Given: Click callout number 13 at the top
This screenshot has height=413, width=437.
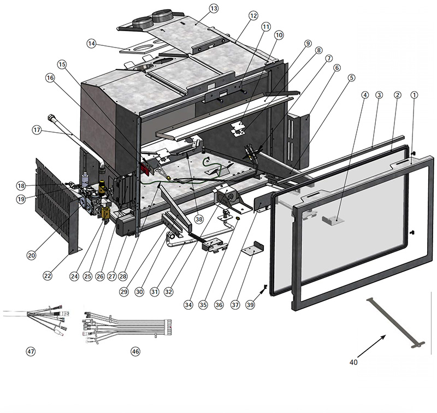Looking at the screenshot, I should [213, 9].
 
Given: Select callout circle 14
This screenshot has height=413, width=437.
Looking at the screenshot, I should [92, 44].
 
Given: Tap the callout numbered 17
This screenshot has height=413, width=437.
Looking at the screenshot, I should [37, 130].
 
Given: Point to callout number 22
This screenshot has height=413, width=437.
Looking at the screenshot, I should [48, 276].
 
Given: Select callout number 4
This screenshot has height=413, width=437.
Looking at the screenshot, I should [364, 95].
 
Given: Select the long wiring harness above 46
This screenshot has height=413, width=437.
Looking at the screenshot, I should [128, 327].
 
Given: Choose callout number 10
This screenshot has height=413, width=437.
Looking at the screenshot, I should [279, 34].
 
